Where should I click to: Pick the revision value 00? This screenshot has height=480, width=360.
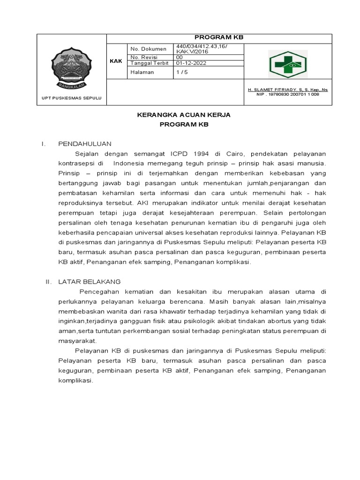[x=180, y=57]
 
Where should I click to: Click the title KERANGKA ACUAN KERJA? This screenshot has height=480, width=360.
[x=183, y=115]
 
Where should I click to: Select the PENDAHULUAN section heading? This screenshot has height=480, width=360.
[x=84, y=143]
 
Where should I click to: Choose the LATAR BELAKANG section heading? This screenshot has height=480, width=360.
[x=89, y=281]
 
